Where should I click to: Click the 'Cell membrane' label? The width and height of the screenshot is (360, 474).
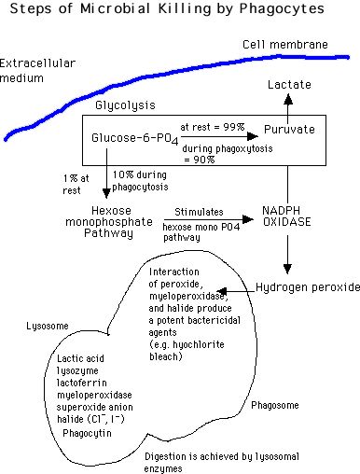click(x=285, y=45)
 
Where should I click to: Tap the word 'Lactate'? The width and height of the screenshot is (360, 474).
click(x=289, y=85)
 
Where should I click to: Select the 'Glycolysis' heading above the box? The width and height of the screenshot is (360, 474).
click(x=125, y=105)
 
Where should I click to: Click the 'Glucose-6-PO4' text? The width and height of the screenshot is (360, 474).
click(x=135, y=139)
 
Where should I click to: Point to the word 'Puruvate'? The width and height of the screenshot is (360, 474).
click(x=289, y=130)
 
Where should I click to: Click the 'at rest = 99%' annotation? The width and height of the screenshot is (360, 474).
click(x=213, y=127)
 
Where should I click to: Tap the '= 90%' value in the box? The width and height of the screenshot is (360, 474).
click(x=200, y=160)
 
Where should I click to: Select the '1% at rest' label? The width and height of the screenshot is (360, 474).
click(x=76, y=185)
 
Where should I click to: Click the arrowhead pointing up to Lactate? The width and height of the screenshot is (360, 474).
click(x=288, y=100)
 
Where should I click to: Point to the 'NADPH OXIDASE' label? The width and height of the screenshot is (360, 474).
click(x=286, y=216)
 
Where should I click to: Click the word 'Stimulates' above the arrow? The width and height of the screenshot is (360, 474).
click(x=199, y=212)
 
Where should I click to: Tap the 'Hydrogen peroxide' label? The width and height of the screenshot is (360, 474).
click(x=308, y=287)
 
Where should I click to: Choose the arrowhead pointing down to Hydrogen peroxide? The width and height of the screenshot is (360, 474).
click(x=287, y=269)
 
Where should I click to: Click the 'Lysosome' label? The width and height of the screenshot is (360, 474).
click(x=48, y=327)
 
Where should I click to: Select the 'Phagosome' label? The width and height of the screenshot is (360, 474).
click(x=275, y=405)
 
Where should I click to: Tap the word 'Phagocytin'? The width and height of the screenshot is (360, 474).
click(x=87, y=433)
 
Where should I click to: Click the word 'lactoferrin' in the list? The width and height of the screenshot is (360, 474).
click(x=82, y=383)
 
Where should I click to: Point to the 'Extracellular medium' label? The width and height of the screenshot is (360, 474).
click(x=37, y=71)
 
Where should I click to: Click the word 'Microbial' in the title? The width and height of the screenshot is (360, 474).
click(x=116, y=8)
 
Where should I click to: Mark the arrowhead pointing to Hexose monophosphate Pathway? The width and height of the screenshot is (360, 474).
click(x=106, y=193)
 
